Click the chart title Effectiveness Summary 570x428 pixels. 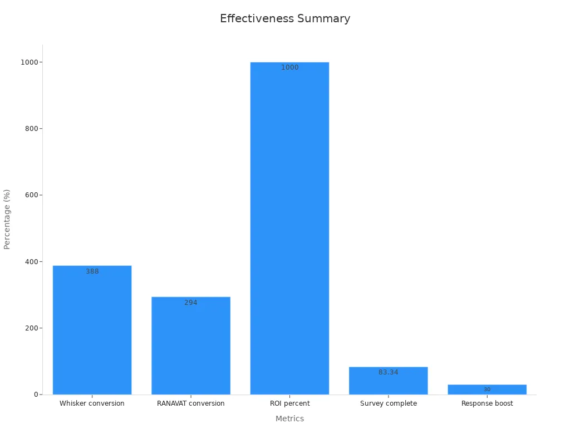click(285, 18)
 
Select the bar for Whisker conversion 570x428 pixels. click(92, 334)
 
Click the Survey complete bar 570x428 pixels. click(389, 385)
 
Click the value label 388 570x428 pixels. click(92, 271)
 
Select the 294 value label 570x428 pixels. click(191, 303)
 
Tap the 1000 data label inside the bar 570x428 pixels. click(289, 67)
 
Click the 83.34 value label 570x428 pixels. click(389, 372)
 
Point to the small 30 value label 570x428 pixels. click(487, 390)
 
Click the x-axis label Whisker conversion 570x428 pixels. click(92, 403)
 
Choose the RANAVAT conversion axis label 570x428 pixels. click(191, 403)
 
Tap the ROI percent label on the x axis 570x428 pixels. click(289, 403)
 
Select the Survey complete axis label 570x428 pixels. click(389, 403)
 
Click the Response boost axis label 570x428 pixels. click(487, 403)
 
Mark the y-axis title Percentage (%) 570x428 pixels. click(7, 219)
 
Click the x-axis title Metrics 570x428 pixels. click(289, 419)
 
